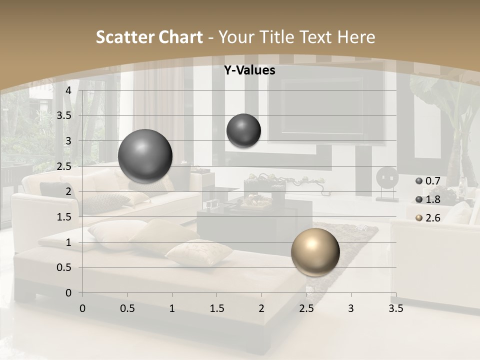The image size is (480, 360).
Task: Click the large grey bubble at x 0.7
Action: pos(145,156)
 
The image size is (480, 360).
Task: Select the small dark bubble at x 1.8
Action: pos(243,130)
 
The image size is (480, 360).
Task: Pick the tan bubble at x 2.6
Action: pos(315,252)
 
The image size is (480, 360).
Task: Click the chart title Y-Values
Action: pos(249,70)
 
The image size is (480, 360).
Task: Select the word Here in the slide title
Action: pos(356,37)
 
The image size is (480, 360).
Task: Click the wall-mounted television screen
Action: pos(322,106)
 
